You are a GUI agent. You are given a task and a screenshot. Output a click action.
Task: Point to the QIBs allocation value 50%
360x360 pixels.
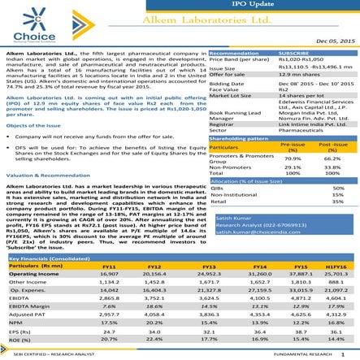(330, 188)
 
